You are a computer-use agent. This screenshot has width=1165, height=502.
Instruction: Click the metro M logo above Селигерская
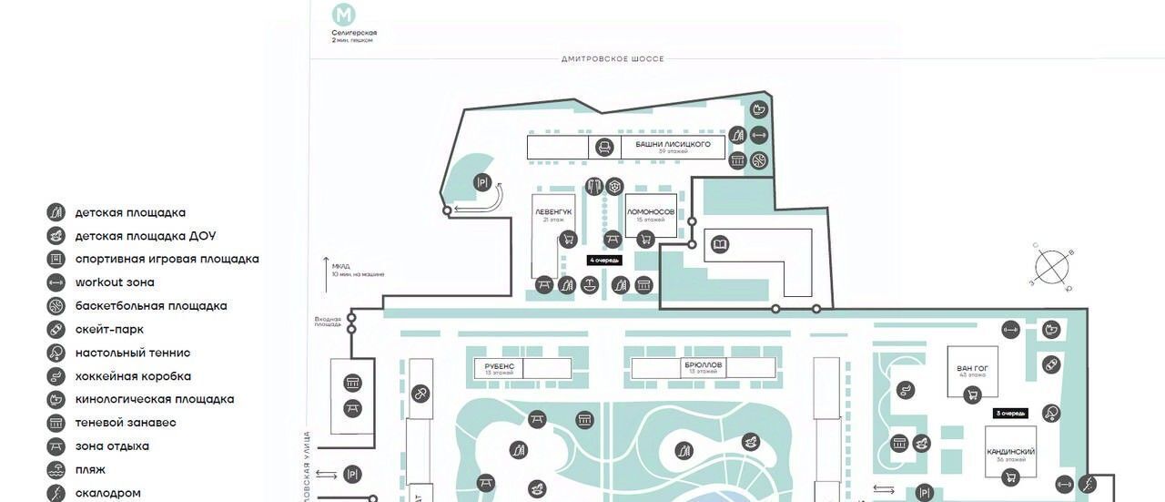[x=344, y=15]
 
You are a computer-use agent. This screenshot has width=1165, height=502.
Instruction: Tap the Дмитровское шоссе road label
[x=613, y=59]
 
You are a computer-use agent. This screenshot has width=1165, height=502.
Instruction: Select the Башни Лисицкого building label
[x=674, y=144]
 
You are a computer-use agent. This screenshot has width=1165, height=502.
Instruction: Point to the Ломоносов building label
[x=651, y=211]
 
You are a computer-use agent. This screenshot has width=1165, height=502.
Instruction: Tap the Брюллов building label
[x=703, y=365]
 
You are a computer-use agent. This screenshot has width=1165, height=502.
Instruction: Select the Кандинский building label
[x=1010, y=452]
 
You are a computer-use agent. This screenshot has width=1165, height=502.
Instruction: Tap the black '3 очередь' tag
[x=1010, y=414]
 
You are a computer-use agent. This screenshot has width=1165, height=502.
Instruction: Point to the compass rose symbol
[x=1052, y=268]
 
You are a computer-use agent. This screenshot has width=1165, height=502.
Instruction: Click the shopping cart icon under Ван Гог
[x=972, y=394]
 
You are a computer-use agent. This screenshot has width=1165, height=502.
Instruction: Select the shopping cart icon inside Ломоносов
[x=645, y=239]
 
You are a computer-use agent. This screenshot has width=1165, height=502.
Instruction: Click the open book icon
[x=719, y=244]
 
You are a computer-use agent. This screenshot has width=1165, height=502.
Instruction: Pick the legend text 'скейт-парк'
[x=109, y=330]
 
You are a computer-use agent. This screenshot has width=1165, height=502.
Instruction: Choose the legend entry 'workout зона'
[x=115, y=282]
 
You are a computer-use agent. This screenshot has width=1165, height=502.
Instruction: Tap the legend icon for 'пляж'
[x=56, y=470]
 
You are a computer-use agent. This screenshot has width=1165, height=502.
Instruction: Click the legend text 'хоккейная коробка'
[x=133, y=376]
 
